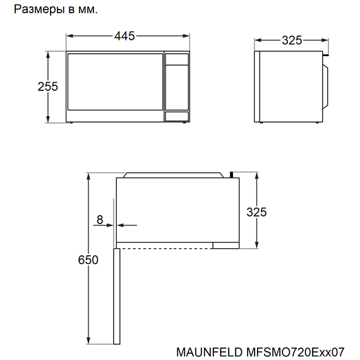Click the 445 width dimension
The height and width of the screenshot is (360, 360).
[124, 37]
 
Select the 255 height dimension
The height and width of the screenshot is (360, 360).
[47, 87]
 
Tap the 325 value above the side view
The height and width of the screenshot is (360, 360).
[291, 40]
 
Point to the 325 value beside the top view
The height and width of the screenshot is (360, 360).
[256, 212]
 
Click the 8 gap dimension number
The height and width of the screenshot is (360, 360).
[100, 220]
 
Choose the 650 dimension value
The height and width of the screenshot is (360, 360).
[88, 260]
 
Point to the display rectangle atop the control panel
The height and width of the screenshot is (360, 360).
[177, 60]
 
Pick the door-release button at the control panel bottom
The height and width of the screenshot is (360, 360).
[177, 116]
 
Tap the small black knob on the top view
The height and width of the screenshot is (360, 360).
[234, 172]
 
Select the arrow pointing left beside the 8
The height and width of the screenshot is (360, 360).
[125, 224]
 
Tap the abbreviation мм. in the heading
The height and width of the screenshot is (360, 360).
[89, 10]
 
